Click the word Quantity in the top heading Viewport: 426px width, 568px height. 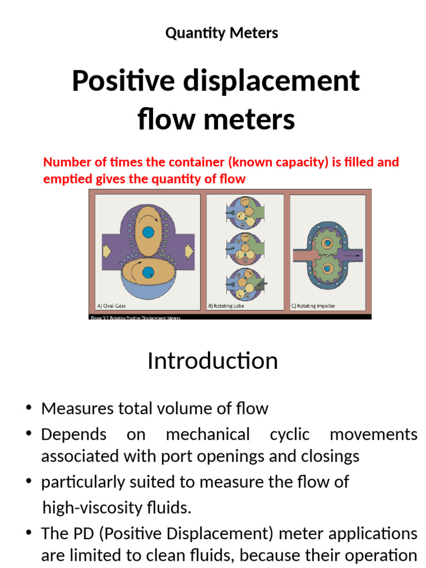tap(190, 33)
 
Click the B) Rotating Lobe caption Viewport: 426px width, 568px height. tap(226, 306)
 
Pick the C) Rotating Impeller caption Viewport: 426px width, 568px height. tap(313, 306)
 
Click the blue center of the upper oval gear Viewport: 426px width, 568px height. tap(148, 232)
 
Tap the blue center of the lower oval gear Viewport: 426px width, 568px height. tap(148, 272)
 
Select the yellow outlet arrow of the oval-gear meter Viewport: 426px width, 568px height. tap(189, 251)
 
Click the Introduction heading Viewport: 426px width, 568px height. tap(212, 361)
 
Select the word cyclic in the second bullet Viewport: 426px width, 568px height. tap(290, 434)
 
